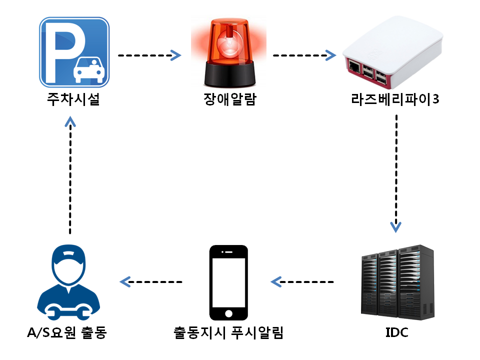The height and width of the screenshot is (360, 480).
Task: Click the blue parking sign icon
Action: pyautogui.click(x=74, y=52)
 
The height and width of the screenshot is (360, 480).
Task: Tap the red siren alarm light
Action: pyautogui.click(x=228, y=52)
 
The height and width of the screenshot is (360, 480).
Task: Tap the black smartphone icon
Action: pyautogui.click(x=228, y=282)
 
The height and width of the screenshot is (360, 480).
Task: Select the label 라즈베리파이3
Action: pyautogui.click(x=395, y=100)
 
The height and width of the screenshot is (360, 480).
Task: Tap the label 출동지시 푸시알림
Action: pyautogui.click(x=228, y=332)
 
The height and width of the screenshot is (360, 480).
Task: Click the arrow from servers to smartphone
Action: pyautogui.click(x=302, y=282)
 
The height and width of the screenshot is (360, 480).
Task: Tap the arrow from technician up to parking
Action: pyautogui.click(x=70, y=175)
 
